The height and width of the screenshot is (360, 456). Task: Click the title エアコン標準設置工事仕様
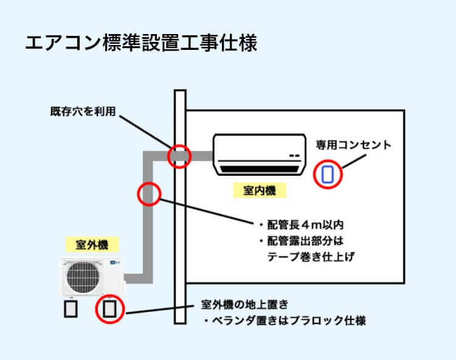pyautogui.click(x=141, y=43)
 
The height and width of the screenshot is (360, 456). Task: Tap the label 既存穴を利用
pyautogui.click(x=83, y=112)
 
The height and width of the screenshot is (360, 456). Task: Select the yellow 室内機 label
pyautogui.click(x=260, y=190)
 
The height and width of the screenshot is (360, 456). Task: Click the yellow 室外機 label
pyautogui.click(x=92, y=244)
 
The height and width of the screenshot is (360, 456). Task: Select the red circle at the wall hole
pyautogui.click(x=179, y=156)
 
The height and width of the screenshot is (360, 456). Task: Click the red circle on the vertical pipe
pyautogui.click(x=149, y=194)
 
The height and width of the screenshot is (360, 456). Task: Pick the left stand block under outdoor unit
pyautogui.click(x=71, y=310)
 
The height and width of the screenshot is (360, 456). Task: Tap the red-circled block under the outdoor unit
pyautogui.click(x=109, y=310)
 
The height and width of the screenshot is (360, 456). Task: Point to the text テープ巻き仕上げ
pyautogui.click(x=311, y=257)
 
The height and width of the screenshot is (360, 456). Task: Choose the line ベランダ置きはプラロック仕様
pyautogui.click(x=286, y=320)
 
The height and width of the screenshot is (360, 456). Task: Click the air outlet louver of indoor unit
pyautogui.click(x=260, y=165)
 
